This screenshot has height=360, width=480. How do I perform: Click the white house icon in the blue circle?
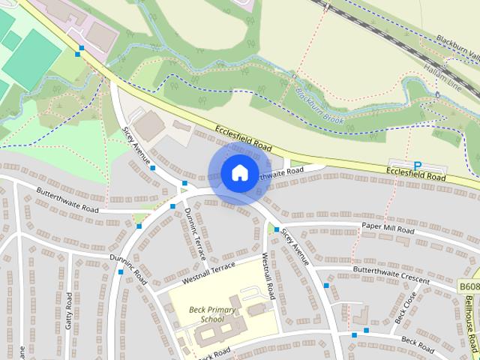click(238, 173)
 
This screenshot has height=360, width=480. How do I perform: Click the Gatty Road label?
click(69, 309)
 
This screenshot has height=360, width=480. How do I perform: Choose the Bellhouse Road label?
click(470, 322)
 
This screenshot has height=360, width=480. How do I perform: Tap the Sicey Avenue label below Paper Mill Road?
click(295, 247)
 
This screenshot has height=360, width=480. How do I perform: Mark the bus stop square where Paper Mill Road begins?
click(277, 229)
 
